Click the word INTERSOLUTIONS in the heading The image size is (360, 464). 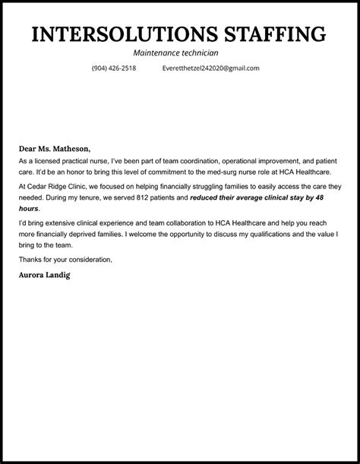pos(115,34)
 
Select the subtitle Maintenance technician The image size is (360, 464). pos(175,53)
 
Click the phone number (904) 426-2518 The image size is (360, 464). pos(114,68)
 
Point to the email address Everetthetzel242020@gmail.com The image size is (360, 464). pos(210,68)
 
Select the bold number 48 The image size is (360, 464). pos(321,197)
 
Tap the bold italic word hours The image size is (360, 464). pos(28,208)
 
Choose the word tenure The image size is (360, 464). pos(84,197)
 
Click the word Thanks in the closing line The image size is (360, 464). pos(31,260)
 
